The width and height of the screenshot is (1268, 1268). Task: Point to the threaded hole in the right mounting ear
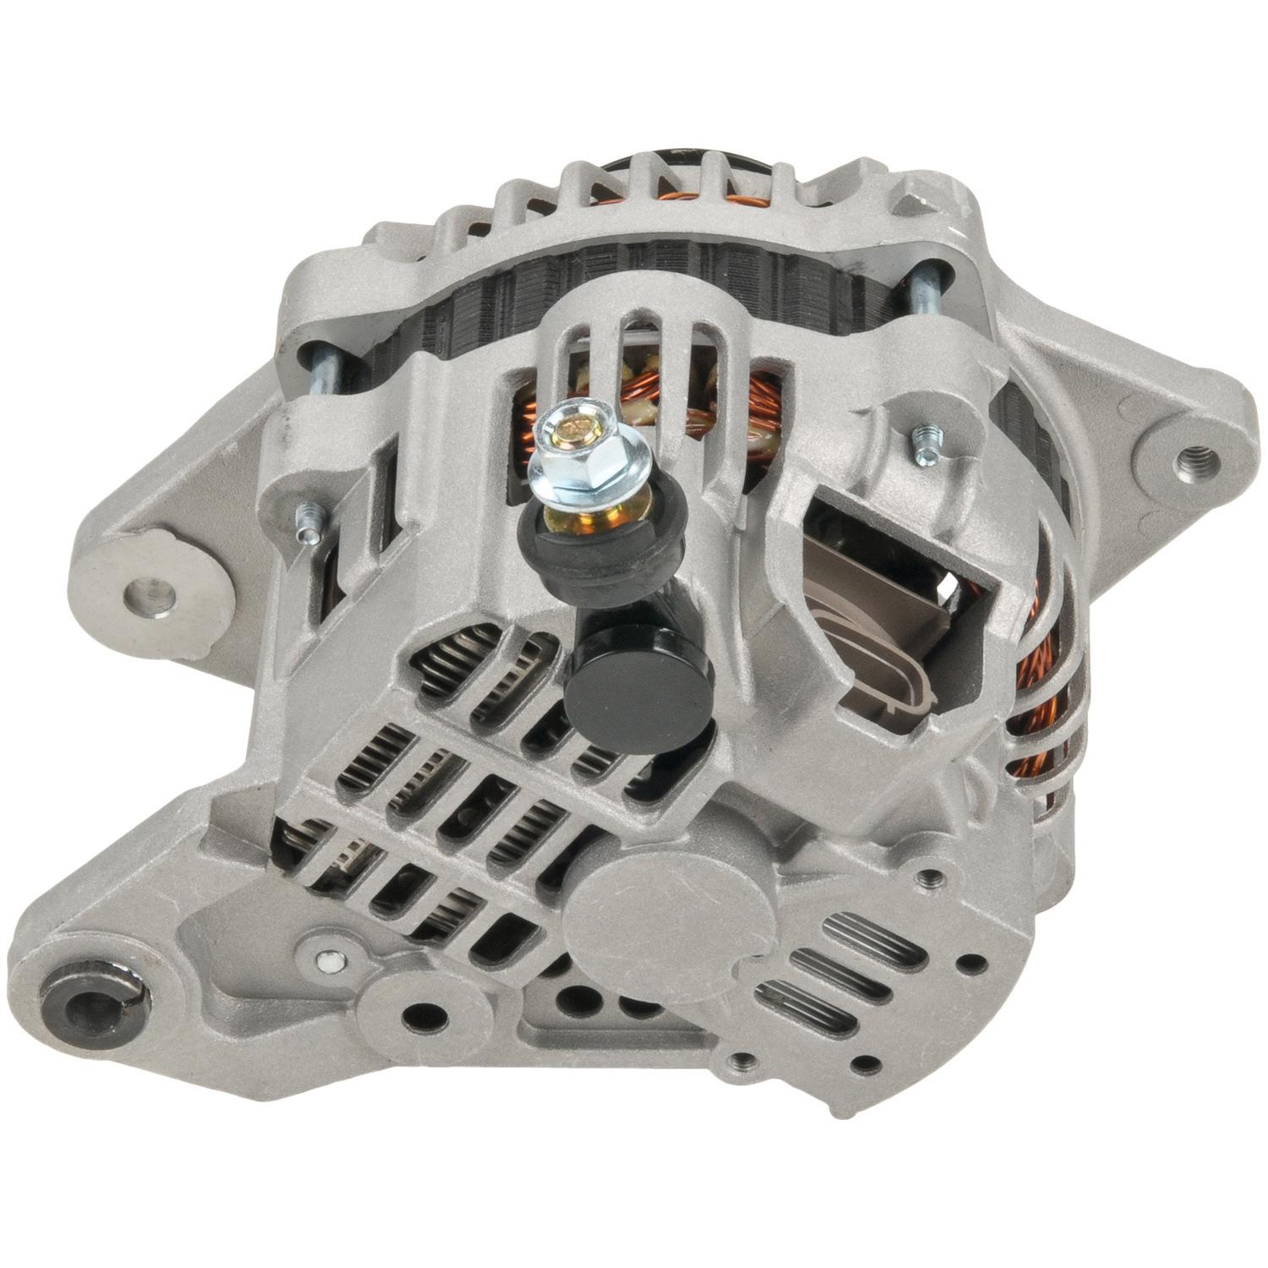1198,459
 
